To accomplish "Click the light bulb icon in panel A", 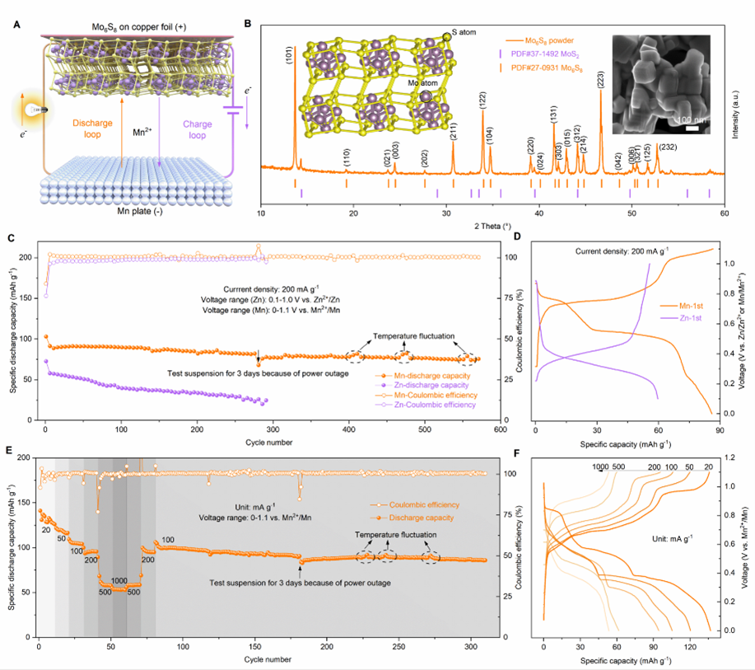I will pos(33,109).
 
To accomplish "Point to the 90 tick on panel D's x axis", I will pos(719,429).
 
